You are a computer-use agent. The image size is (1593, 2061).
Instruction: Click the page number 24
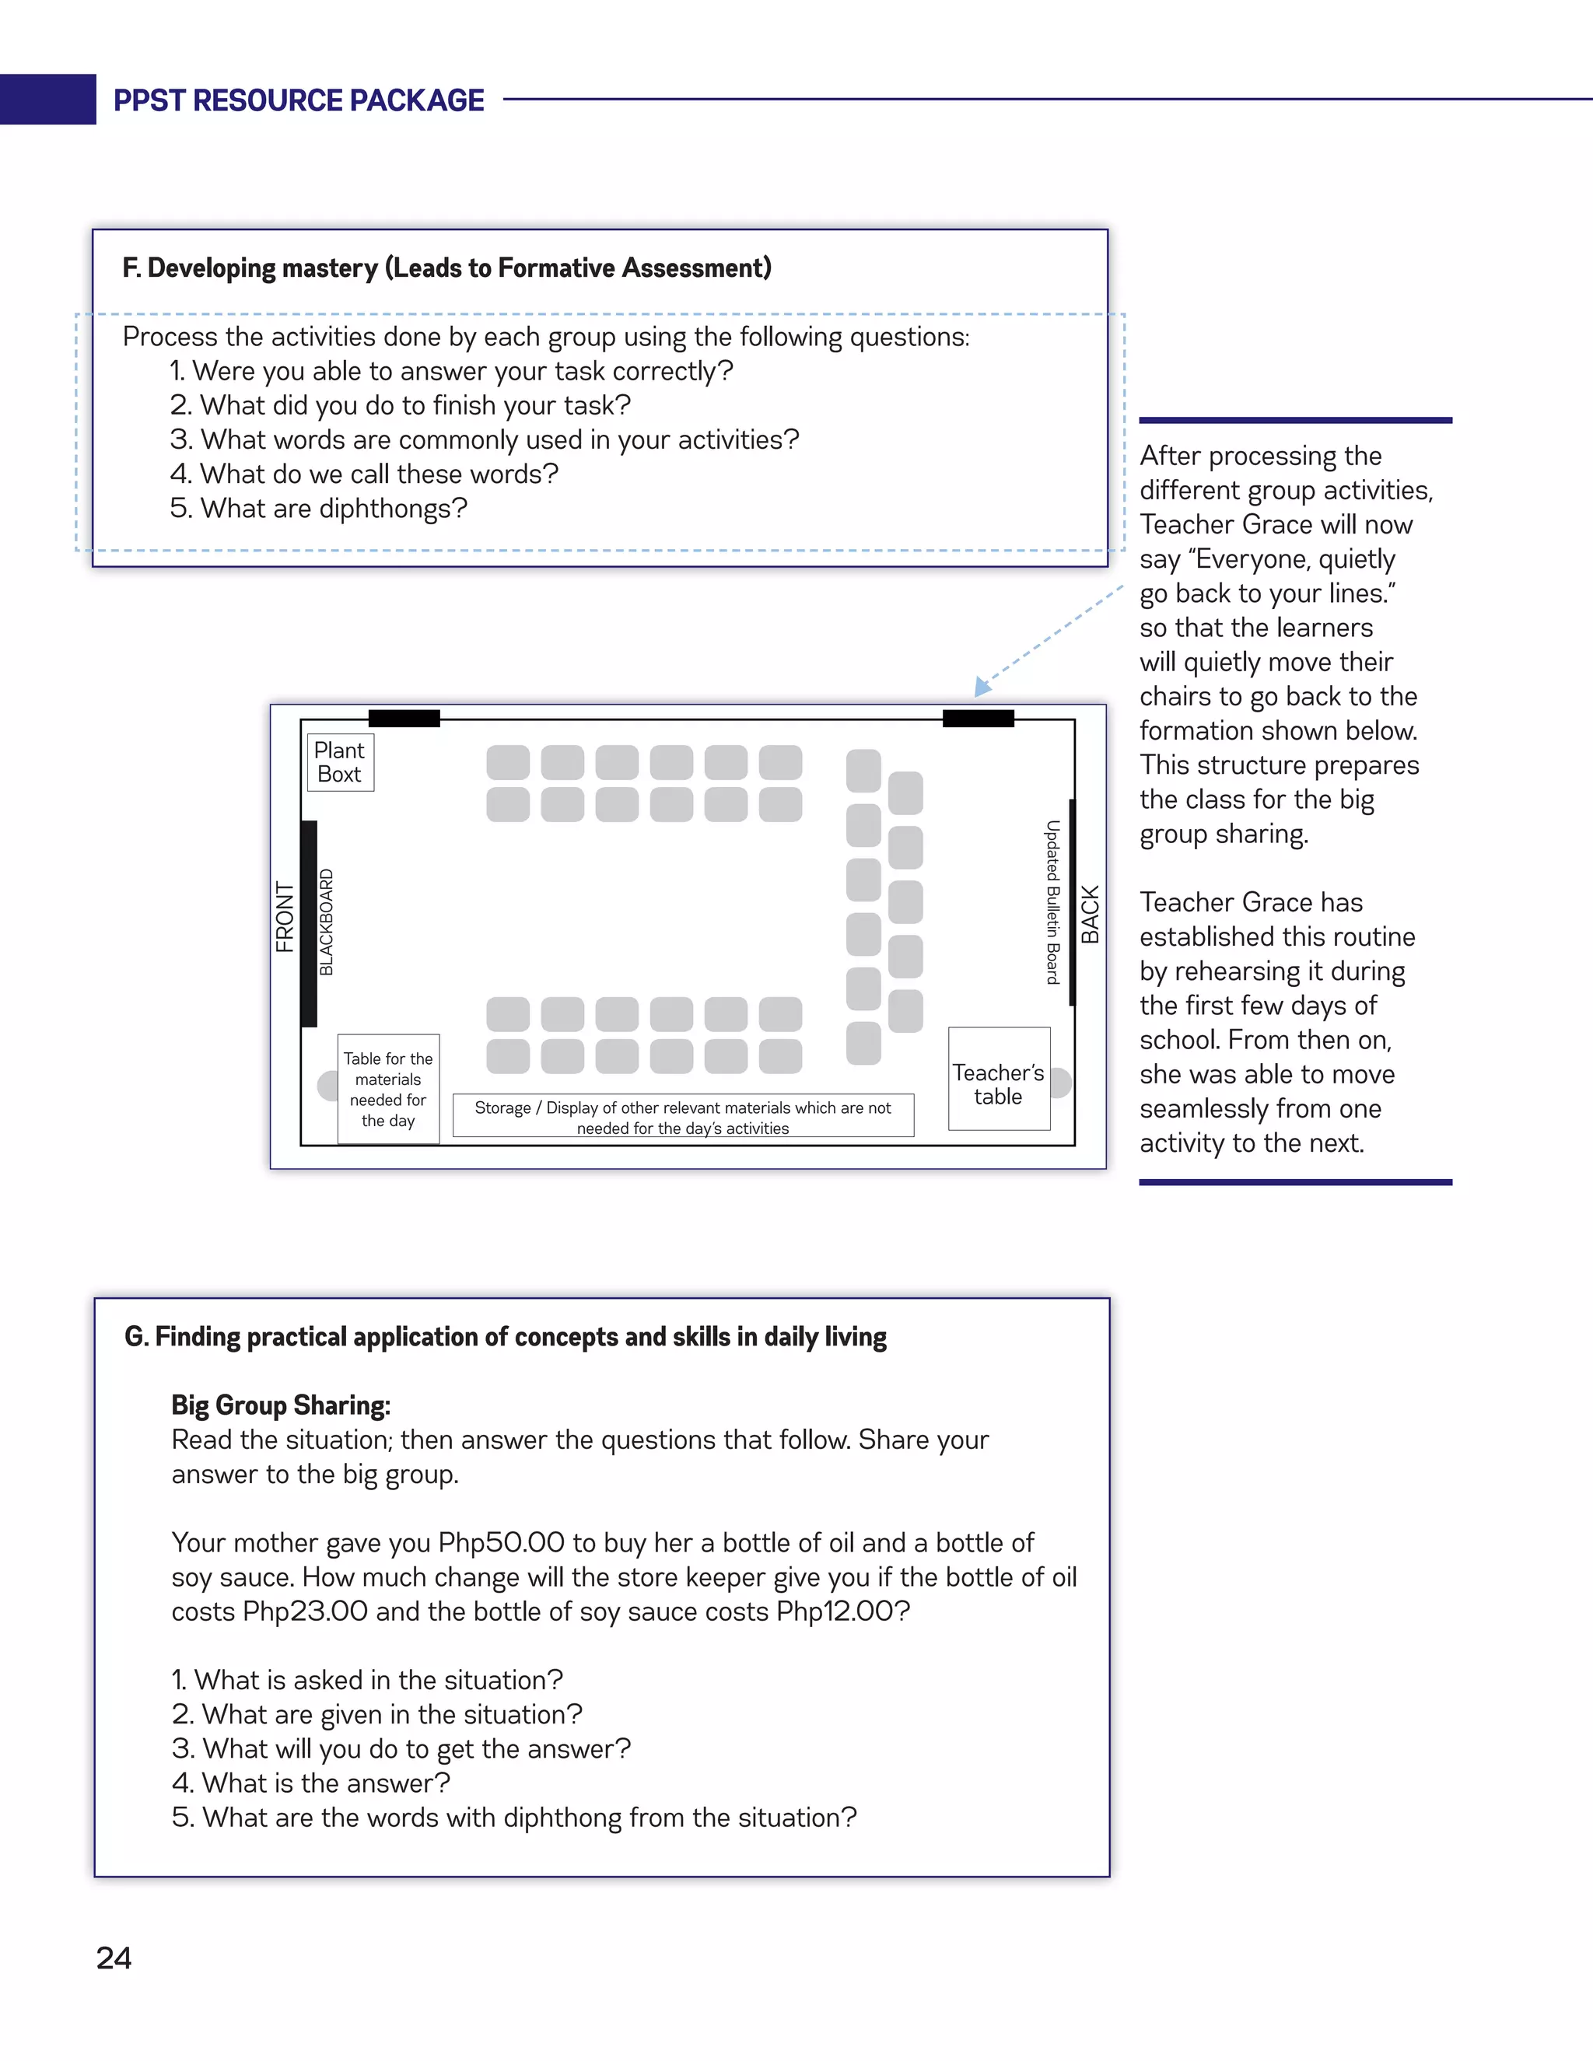pos(114,1958)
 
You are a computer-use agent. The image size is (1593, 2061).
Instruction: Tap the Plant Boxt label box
pos(340,762)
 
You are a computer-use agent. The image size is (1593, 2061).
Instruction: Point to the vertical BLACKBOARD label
pos(327,922)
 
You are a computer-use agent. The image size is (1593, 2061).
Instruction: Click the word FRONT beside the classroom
pos(284,916)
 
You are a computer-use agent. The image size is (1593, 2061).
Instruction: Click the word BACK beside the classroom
pos(1090,915)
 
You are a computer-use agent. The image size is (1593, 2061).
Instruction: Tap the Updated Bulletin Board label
pos(1052,902)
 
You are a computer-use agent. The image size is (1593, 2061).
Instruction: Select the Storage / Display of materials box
pos(682,1116)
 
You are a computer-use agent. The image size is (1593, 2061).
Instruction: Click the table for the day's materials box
pos(388,1089)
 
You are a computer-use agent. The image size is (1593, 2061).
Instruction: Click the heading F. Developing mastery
pos(446,268)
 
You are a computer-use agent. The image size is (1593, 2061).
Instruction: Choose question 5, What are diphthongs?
pos(319,509)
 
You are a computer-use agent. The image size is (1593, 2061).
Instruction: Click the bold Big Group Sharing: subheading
pos(280,1405)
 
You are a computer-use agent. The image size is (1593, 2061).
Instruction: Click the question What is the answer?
pos(311,1783)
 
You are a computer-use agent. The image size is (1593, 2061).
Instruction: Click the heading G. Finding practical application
pos(505,1337)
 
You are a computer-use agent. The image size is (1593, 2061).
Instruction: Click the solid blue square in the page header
pos(47,99)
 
